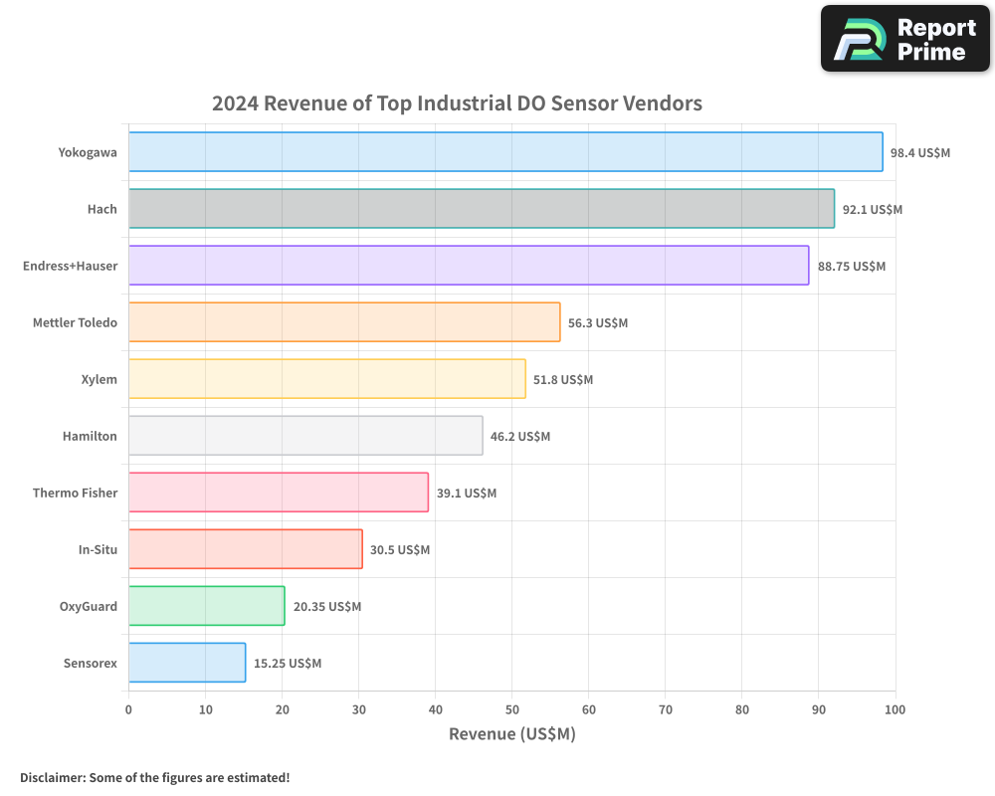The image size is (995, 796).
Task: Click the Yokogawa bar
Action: click(505, 152)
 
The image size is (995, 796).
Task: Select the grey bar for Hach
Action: click(482, 209)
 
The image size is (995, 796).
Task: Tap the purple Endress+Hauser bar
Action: click(469, 266)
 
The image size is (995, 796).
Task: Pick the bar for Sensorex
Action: click(187, 663)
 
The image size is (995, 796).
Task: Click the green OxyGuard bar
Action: click(206, 606)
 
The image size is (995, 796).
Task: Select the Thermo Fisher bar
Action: click(279, 493)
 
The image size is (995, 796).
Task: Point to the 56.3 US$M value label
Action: click(598, 322)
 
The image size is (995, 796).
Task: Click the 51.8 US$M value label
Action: click(563, 379)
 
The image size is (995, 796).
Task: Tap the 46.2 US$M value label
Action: click(520, 436)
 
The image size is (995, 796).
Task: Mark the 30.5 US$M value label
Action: click(400, 549)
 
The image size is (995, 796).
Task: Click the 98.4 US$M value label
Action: click(920, 152)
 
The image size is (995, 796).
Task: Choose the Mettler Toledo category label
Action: click(75, 322)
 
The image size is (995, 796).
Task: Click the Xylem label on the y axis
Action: click(99, 379)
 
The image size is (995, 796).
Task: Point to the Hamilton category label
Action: click(90, 436)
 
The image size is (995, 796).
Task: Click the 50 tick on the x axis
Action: click(511, 709)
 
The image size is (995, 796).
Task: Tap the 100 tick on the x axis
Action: click(895, 709)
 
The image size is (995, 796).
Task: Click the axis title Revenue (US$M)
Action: click(512, 734)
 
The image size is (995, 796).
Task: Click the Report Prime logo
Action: click(905, 39)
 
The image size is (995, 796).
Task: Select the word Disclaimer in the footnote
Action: click(52, 777)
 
